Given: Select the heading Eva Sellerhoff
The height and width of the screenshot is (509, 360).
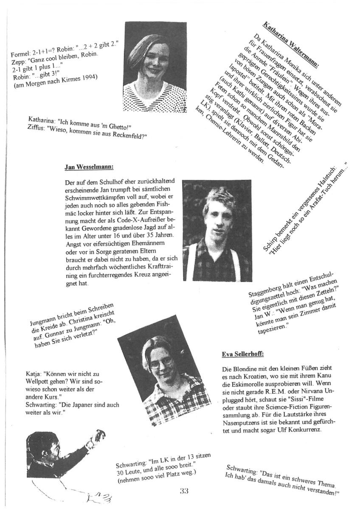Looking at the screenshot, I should (243, 354).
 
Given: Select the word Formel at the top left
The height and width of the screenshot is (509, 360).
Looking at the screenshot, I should (19, 55).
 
